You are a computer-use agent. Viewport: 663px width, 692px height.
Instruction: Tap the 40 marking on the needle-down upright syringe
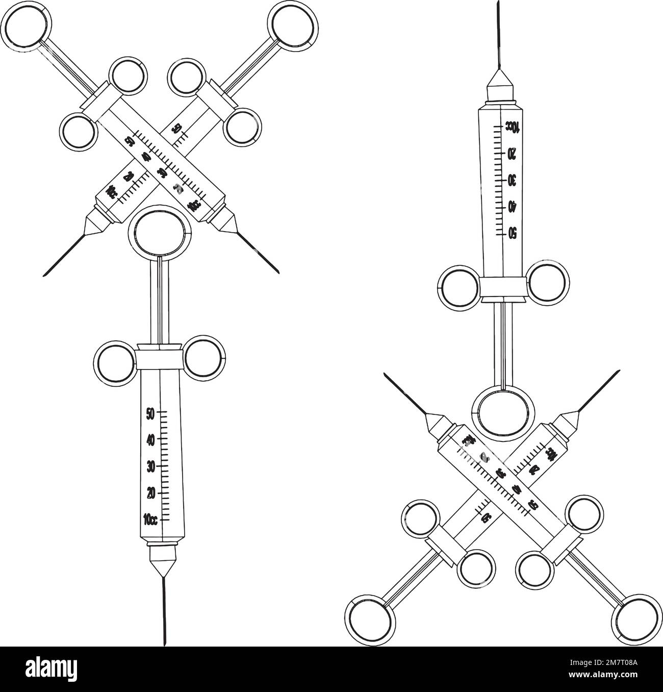(x=150, y=439)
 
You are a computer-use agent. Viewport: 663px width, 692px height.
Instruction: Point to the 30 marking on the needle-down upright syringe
(x=150, y=466)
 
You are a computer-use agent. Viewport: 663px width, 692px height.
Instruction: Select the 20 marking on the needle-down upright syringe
(x=150, y=493)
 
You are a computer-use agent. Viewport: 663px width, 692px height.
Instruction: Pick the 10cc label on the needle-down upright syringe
(x=150, y=520)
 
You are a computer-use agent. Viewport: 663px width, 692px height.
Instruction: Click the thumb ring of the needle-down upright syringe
(x=160, y=232)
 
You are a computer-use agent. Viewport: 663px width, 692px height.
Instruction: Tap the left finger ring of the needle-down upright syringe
(x=117, y=362)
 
